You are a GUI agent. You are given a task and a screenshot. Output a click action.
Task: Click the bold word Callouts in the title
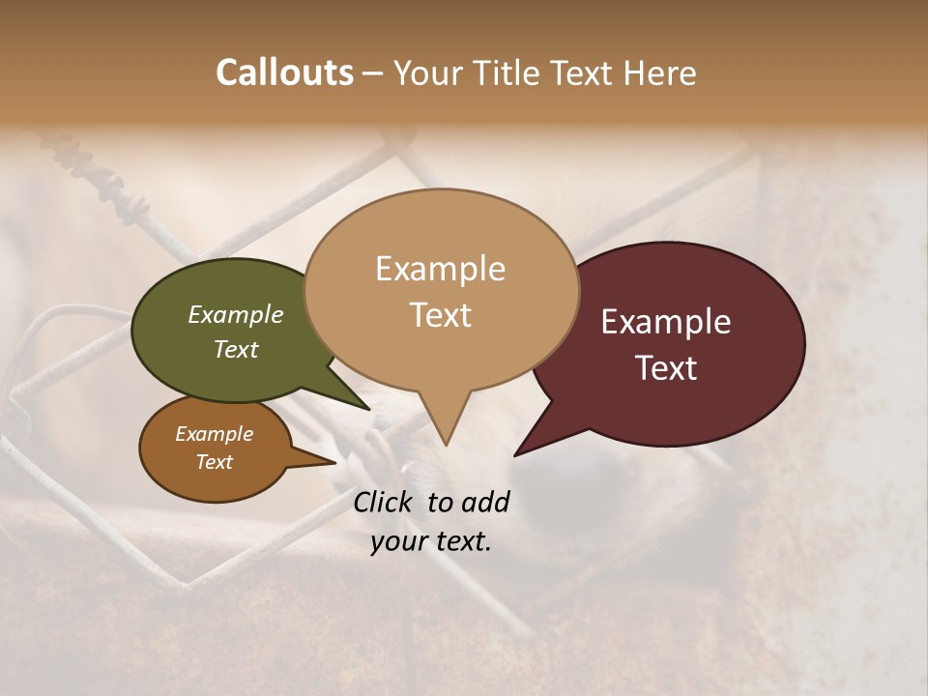pyautogui.click(x=284, y=72)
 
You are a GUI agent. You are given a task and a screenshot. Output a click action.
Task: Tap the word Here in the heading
pyautogui.click(x=660, y=72)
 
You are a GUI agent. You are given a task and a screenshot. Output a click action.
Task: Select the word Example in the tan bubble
pyautogui.click(x=440, y=269)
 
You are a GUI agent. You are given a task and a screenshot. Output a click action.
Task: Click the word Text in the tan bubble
pyautogui.click(x=440, y=315)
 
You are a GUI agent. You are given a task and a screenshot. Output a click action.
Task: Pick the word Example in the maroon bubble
pyautogui.click(x=666, y=322)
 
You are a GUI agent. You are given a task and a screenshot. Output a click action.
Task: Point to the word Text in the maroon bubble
pyautogui.click(x=666, y=368)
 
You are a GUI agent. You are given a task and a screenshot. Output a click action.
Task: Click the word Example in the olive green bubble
pyautogui.click(x=236, y=315)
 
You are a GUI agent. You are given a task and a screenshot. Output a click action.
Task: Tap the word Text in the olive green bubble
pyautogui.click(x=236, y=349)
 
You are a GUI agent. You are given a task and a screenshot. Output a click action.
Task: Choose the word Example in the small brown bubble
pyautogui.click(x=215, y=434)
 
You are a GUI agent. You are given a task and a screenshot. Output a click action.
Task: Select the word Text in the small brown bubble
pyautogui.click(x=215, y=462)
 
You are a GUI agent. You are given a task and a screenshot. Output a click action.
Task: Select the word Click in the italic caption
pyautogui.click(x=384, y=502)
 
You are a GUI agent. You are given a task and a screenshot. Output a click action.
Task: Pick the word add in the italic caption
pyautogui.click(x=485, y=502)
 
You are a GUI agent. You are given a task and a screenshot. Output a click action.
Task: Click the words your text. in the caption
pyautogui.click(x=431, y=541)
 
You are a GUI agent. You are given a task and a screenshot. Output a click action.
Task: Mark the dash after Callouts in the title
pyautogui.click(x=374, y=72)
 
